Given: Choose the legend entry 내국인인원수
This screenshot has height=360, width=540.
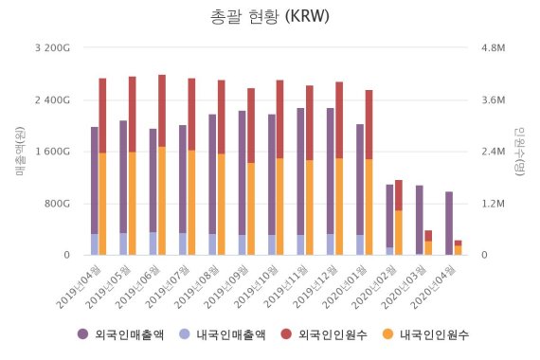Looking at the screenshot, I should pyautogui.click(x=431, y=334).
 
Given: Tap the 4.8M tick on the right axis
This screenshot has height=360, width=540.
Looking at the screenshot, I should pyautogui.click(x=495, y=48).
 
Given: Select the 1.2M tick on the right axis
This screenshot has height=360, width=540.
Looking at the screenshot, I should pyautogui.click(x=495, y=204).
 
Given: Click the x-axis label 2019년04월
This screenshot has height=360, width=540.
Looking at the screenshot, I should pyautogui.click(x=79, y=283).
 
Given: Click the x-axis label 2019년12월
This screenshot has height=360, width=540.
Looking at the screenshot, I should pyautogui.click(x=315, y=283).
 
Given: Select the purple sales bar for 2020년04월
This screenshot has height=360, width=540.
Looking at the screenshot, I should pyautogui.click(x=448, y=223).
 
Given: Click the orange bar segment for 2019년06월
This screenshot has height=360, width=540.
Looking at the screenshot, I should pyautogui.click(x=162, y=200).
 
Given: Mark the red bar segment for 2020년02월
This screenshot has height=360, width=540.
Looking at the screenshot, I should pyautogui.click(x=399, y=195).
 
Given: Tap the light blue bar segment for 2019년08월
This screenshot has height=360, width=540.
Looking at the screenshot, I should pyautogui.click(x=212, y=244).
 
